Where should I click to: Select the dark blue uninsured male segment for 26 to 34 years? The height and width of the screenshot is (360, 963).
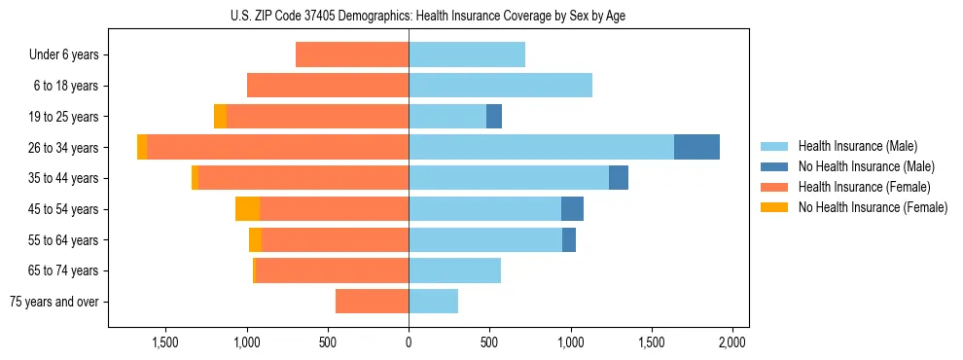point(696,147)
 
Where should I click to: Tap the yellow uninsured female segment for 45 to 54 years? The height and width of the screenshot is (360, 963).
point(247,208)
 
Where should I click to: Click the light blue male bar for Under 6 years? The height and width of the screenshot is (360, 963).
point(467,54)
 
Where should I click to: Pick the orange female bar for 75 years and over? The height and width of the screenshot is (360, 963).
point(372,301)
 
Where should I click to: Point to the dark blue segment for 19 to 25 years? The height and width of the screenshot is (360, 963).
point(494,116)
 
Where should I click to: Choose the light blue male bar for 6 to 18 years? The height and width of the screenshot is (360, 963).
point(500,86)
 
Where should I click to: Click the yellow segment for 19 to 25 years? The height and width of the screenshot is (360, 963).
point(220,116)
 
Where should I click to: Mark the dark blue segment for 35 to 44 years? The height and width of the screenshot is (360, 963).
point(619,178)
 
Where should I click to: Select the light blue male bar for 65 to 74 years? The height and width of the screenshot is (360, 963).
point(454,270)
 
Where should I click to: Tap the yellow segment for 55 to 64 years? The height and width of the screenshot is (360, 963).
point(255,239)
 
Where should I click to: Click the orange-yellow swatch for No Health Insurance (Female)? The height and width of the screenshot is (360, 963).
point(775,207)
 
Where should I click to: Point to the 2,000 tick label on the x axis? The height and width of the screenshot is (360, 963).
point(731,342)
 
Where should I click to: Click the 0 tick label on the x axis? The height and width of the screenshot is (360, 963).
point(409,342)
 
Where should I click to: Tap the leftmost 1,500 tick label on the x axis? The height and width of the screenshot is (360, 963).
point(165,342)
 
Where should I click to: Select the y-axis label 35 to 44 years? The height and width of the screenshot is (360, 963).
point(64,178)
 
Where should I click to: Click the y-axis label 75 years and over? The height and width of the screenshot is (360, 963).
point(54,302)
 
